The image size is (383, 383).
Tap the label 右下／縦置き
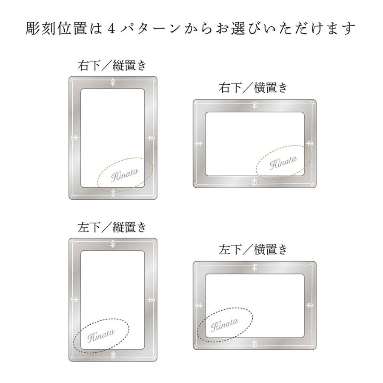(x=112, y=66)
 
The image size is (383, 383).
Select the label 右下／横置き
(x=253, y=88)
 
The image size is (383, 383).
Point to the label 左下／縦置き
(x=112, y=227)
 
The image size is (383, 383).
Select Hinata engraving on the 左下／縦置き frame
(x=101, y=336)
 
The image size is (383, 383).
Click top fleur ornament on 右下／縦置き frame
(x=113, y=82)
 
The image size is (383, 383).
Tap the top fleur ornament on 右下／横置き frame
(x=254, y=105)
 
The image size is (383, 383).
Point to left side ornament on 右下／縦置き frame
(x=74, y=137)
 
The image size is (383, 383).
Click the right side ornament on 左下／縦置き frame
(x=151, y=299)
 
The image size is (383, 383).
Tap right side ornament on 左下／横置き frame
(x=310, y=305)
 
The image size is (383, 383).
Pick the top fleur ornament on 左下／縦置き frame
(x=113, y=244)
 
